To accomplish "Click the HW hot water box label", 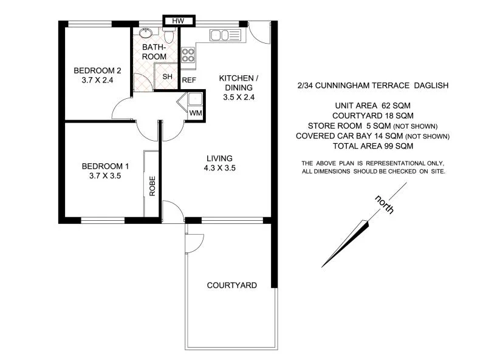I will tap(178, 21).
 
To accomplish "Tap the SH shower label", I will tap(166, 76).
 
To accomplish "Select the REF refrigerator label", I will tap(189, 80).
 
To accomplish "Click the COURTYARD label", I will tap(231, 285).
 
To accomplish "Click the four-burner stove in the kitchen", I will tap(188, 56).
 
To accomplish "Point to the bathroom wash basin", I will tap(146, 33).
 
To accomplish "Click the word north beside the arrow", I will tap(385, 206).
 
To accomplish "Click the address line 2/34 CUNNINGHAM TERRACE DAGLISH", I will tap(374, 86).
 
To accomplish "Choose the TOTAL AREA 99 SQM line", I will tap(374, 146).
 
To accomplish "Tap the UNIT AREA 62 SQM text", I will tap(374, 105).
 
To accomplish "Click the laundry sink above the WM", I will tap(194, 99).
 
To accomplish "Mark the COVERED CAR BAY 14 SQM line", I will tap(374, 136).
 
